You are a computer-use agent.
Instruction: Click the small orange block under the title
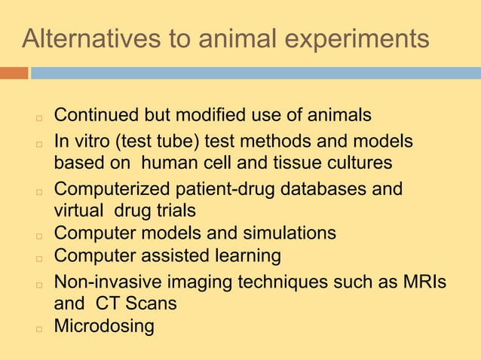click(x=14, y=73)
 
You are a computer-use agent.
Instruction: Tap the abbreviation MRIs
click(x=421, y=282)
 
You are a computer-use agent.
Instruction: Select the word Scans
click(x=152, y=304)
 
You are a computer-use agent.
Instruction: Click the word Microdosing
click(x=104, y=327)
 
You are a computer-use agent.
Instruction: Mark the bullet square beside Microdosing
click(x=36, y=329)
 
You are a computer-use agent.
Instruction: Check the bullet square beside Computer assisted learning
click(x=36, y=258)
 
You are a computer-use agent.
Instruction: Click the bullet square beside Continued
click(x=36, y=118)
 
